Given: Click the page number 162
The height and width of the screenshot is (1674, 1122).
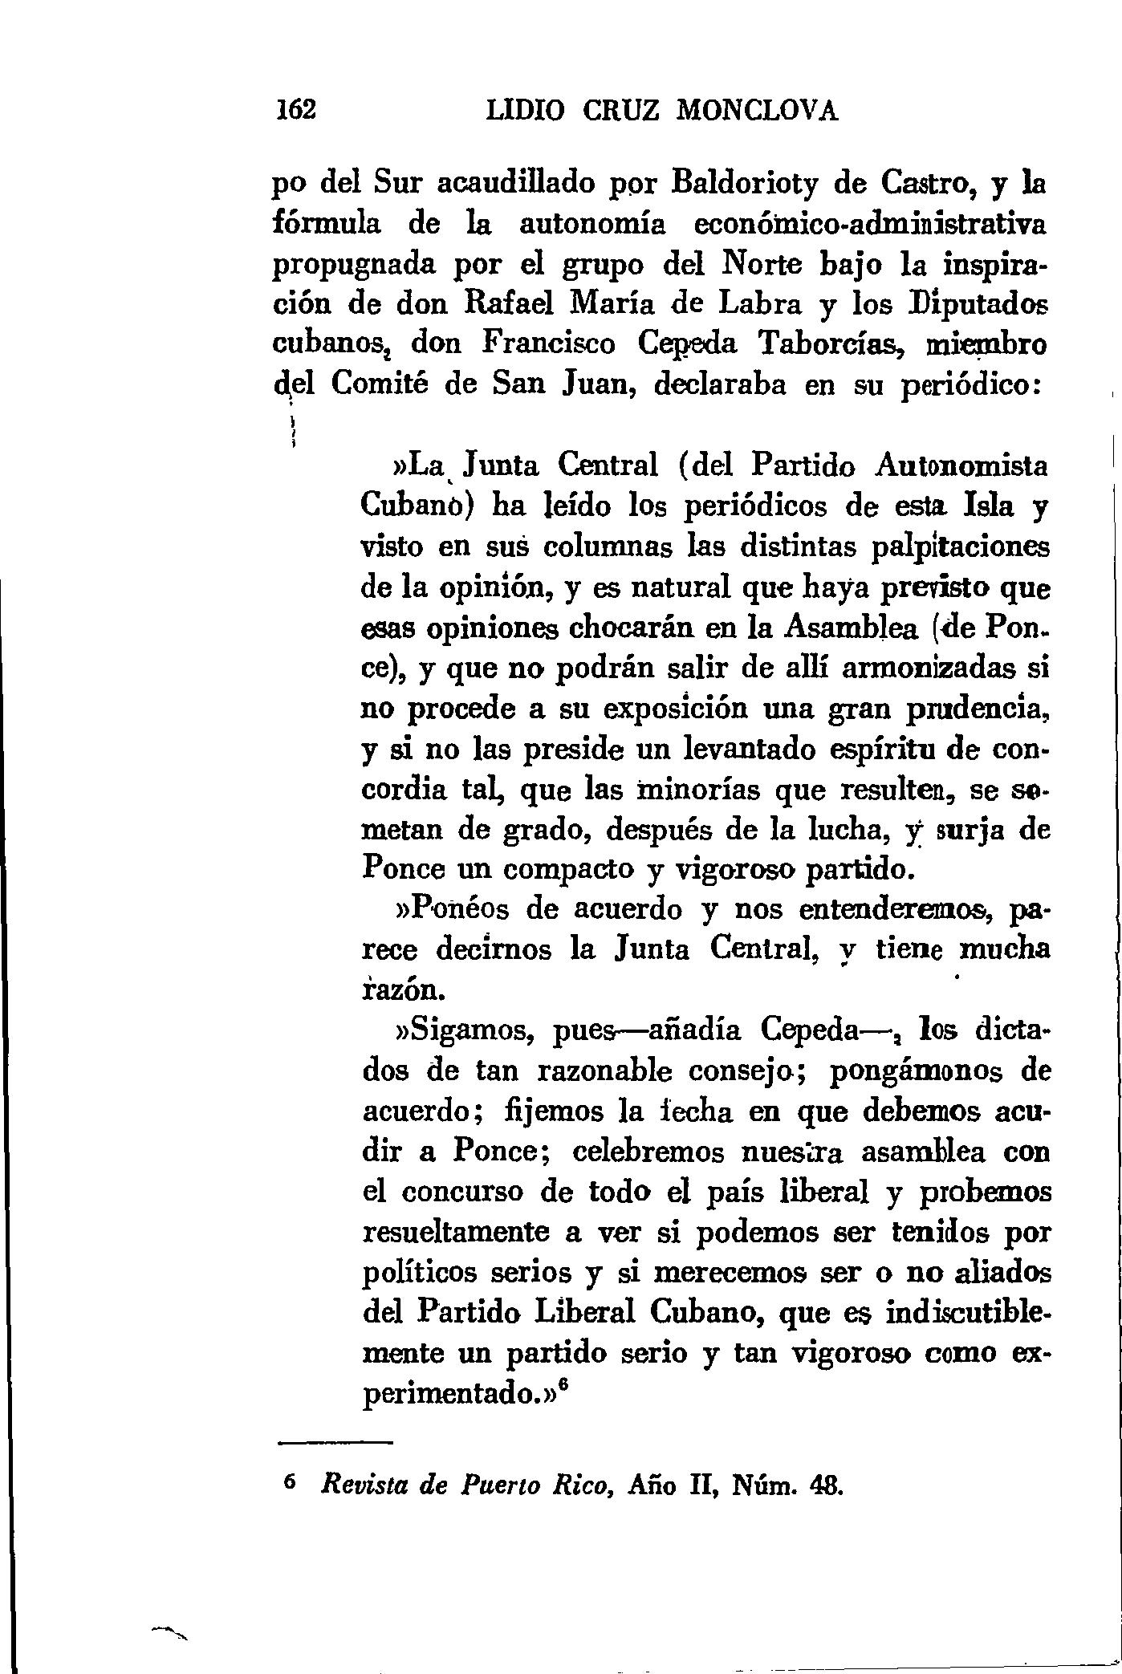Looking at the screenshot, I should coord(296,109).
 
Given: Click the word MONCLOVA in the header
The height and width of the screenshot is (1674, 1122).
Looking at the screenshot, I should coord(758,109).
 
